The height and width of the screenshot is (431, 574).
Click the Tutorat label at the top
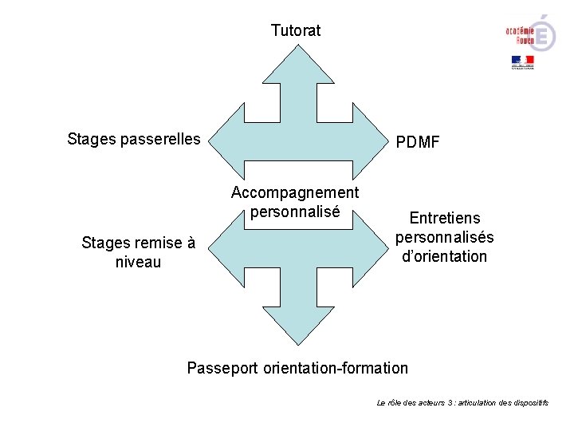coord(296,31)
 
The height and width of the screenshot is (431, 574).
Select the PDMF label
coord(418,143)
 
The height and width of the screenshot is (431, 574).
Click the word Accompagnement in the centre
coord(295,193)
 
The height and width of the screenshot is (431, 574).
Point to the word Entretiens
coord(444,218)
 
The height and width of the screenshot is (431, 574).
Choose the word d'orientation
coord(444,256)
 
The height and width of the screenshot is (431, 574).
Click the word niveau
coord(138,262)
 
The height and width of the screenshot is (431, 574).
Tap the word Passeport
coord(221,368)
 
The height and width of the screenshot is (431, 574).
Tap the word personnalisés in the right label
coord(444,237)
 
